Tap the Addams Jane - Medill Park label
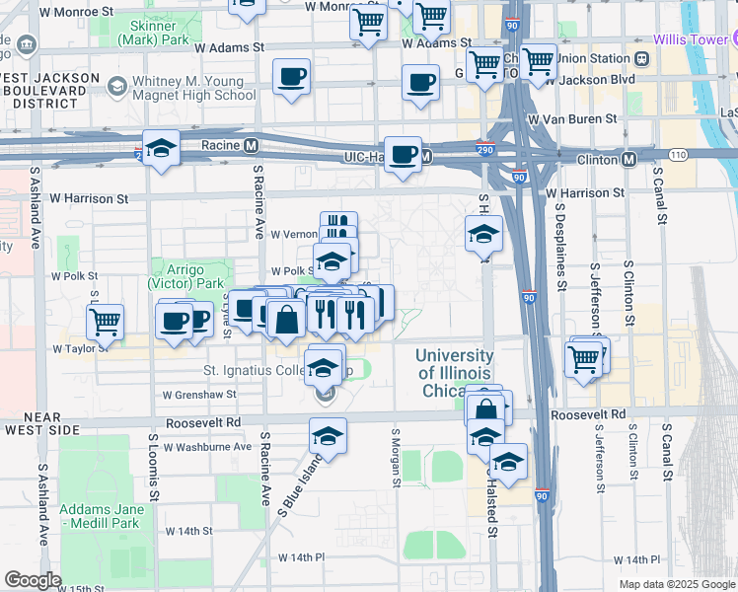(x=102, y=516)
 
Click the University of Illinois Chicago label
(x=455, y=372)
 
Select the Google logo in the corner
(x=33, y=580)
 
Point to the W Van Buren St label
(x=572, y=118)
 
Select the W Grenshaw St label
(x=199, y=394)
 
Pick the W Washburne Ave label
(x=210, y=447)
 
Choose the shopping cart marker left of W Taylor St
(x=105, y=321)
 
